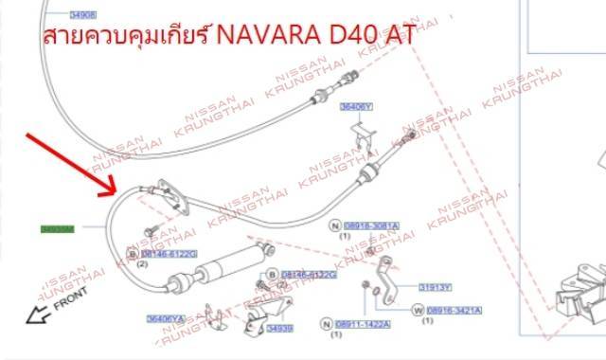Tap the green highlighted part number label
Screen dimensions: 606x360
click(58, 228)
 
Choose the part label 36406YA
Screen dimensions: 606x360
click(166, 318)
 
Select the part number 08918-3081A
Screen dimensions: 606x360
click(370, 225)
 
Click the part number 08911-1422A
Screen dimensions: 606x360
click(364, 324)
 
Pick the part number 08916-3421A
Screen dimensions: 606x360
click(454, 310)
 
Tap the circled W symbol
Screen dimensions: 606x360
click(417, 310)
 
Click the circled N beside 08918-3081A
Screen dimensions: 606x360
click(334, 225)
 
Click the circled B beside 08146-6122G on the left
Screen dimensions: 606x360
click(133, 254)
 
